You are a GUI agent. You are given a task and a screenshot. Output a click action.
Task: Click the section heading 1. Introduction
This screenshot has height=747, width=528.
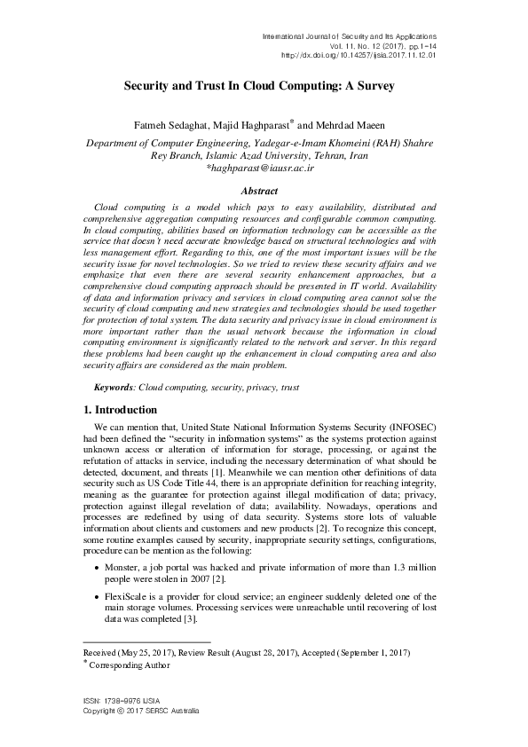coord(120,410)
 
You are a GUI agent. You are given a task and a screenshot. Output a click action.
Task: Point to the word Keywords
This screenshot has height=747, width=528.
coord(114,389)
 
